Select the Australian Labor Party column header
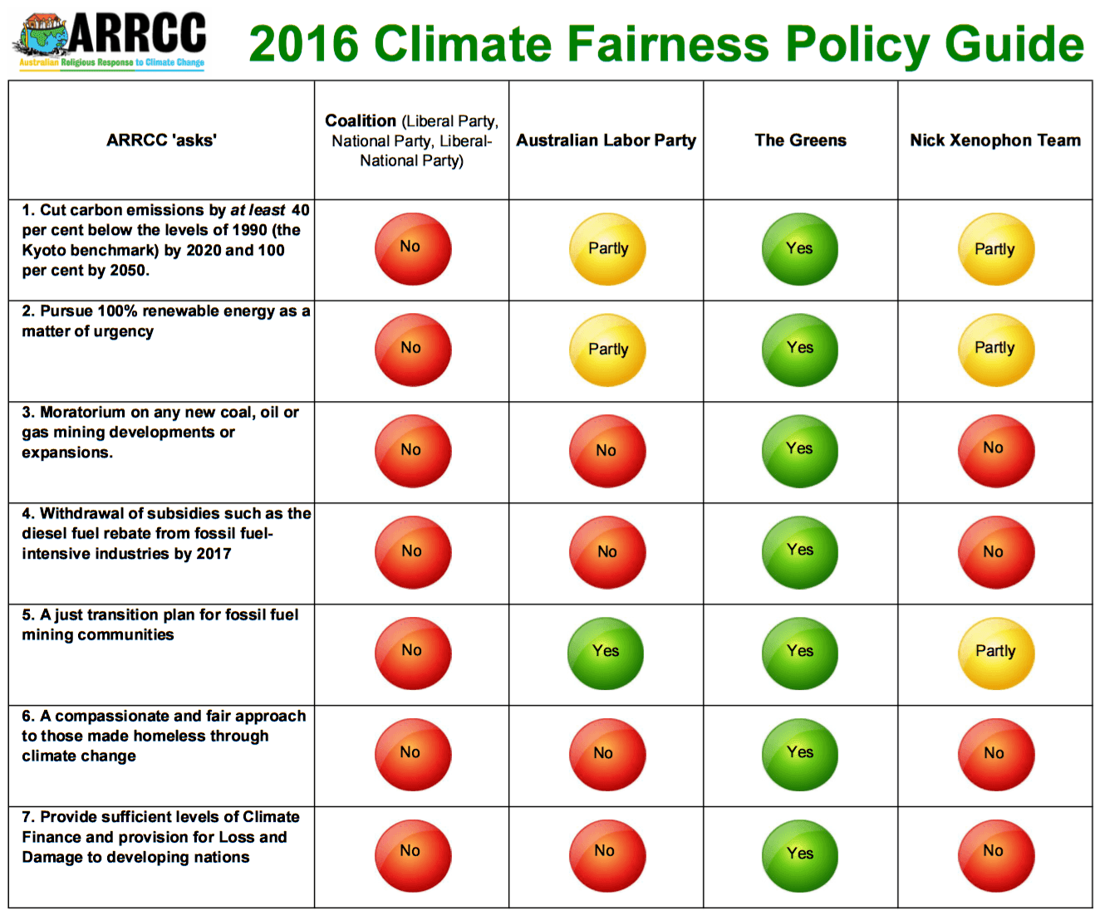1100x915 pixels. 606,140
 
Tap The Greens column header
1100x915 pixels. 800,140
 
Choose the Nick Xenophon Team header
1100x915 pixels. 994,140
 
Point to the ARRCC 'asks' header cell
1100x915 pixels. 161,140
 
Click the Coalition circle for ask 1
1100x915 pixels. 412,248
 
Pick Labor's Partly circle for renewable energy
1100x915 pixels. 607,350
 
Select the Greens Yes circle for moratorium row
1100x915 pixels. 799,450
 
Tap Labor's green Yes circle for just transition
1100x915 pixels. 606,653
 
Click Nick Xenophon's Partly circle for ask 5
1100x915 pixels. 995,653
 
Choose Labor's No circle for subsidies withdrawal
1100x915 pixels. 606,551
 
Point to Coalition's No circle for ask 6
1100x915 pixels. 412,754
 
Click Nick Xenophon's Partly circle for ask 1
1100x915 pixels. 995,249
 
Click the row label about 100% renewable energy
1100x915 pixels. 165,321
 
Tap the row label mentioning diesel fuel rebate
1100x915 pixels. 165,533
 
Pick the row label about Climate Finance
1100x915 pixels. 160,837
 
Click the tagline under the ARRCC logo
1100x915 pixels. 111,63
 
